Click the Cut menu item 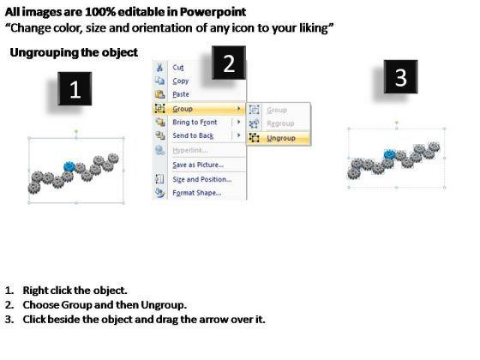click(178, 68)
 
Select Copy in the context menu click(180, 81)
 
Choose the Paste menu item click(181, 94)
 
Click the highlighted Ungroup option click(281, 138)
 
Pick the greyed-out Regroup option click(280, 123)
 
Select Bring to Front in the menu click(195, 122)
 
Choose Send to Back click(193, 135)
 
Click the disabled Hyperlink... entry click(190, 150)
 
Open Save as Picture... click(198, 165)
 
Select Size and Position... click(202, 179)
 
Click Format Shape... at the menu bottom click(197, 193)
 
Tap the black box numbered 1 click(75, 89)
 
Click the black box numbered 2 click(229, 63)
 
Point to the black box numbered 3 click(401, 76)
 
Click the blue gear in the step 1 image click(69, 167)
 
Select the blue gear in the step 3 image click(389, 154)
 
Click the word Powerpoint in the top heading click(213, 12)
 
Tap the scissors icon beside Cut click(159, 67)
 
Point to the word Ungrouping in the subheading click(45, 52)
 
